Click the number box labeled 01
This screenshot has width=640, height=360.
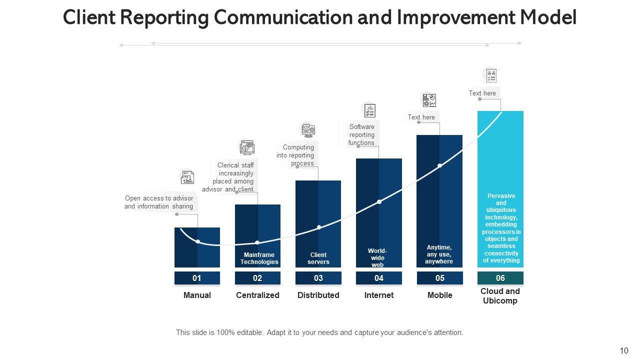[x=197, y=278]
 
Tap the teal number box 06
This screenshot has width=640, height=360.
[x=500, y=278]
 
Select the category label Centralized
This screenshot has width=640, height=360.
[x=257, y=295]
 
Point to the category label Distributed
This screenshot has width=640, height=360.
[x=318, y=295]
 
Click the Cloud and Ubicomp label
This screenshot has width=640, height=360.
[x=500, y=296]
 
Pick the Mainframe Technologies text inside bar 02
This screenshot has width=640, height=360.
[x=259, y=258]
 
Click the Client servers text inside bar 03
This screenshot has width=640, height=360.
[x=318, y=258]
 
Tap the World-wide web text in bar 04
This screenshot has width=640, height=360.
[x=377, y=258]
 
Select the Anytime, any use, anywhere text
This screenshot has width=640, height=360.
[x=439, y=254]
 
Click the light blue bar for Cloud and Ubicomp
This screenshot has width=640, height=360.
[x=500, y=150]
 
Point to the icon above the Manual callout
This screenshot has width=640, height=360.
[x=187, y=177]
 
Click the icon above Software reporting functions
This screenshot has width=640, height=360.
[x=369, y=110]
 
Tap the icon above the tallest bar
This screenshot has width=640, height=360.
[x=491, y=75]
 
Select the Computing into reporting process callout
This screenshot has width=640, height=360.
[x=295, y=155]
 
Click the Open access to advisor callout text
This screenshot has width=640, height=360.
[x=159, y=202]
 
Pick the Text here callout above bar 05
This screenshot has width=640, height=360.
[x=421, y=117]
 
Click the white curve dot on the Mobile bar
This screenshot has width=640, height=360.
[x=439, y=165]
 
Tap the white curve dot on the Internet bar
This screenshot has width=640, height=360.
[x=379, y=202]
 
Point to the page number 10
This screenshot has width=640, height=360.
[x=623, y=350]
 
